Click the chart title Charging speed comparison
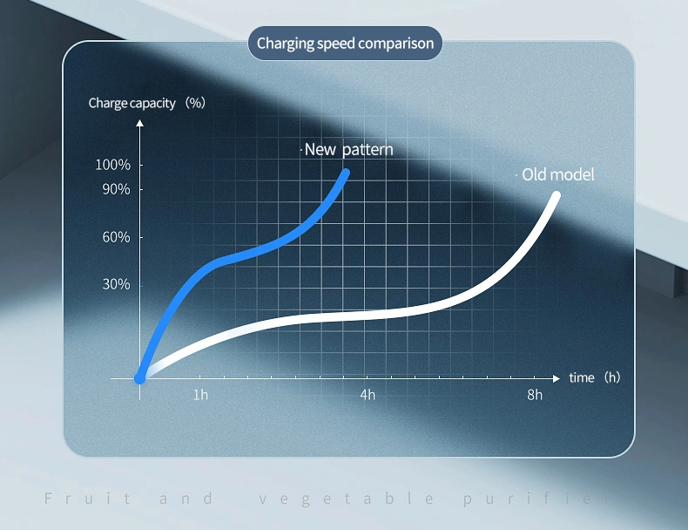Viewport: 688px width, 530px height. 345,44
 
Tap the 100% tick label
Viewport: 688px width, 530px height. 112,165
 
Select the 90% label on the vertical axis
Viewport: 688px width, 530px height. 117,189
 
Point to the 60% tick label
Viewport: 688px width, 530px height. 117,237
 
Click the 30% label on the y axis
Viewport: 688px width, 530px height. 117,284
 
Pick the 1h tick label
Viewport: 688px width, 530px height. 200,395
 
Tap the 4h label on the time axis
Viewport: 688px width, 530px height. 368,395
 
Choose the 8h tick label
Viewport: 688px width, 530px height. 535,395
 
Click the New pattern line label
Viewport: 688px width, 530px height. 348,150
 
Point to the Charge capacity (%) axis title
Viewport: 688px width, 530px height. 147,103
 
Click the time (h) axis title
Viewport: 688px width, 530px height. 595,377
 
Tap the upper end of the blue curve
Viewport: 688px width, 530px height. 346,173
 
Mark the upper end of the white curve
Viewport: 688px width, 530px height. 556,196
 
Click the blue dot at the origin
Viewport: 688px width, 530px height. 139,378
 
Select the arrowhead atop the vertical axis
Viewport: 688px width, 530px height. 139,123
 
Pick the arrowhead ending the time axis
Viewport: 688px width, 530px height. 556,378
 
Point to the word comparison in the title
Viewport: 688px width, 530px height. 395,44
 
